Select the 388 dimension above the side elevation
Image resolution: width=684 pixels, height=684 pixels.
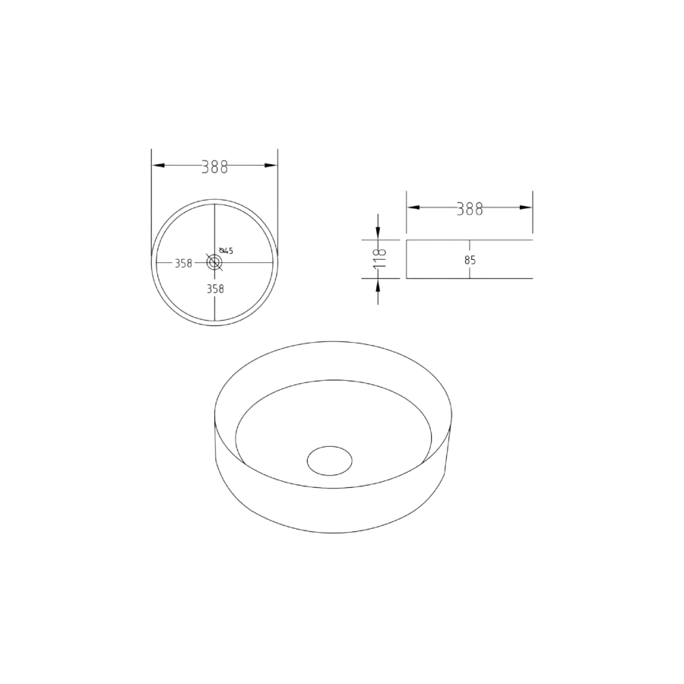pyautogui.click(x=469, y=210)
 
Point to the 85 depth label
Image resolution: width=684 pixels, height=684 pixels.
pyautogui.click(x=469, y=260)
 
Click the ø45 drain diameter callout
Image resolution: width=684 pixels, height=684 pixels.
pyautogui.click(x=226, y=251)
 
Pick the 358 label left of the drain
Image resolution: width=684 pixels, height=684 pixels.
pyautogui.click(x=182, y=264)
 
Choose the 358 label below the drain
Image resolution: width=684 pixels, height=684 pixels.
pyautogui.click(x=215, y=289)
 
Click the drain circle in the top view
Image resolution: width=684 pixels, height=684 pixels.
pyautogui.click(x=215, y=262)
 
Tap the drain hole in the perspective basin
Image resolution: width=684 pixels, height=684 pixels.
pyautogui.click(x=330, y=461)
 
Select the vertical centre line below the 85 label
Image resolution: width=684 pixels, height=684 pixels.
pyautogui.click(x=469, y=272)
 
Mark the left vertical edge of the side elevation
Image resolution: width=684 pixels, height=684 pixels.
pyautogui.click(x=407, y=259)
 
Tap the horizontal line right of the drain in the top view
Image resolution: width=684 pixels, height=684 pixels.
pyautogui.click(x=251, y=262)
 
